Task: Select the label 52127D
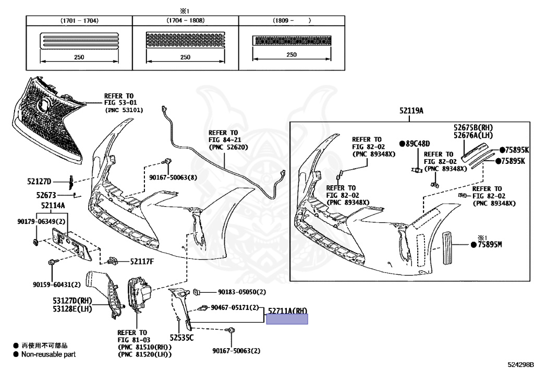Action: [x=40, y=182]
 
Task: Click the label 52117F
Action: [x=142, y=261]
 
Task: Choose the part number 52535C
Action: [x=181, y=338]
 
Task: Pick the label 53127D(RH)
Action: [x=72, y=301]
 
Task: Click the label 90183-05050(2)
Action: [x=242, y=292]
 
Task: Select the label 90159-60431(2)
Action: [x=57, y=284]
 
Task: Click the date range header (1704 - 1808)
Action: [x=185, y=20]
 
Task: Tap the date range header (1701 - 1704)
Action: [x=79, y=20]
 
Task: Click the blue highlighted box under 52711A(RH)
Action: [x=287, y=319]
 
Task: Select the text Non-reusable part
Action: [x=48, y=354]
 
